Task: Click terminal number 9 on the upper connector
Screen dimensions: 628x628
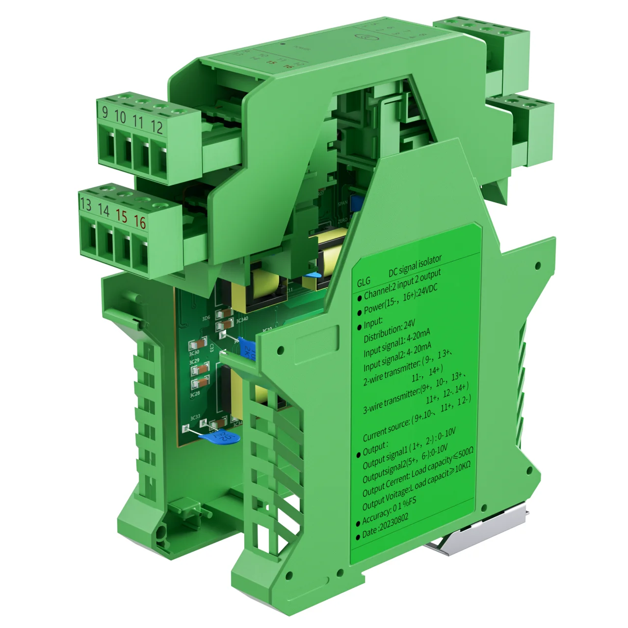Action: coord(105,112)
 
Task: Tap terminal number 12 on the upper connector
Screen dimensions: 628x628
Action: coord(157,127)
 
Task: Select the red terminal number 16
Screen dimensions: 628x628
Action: coord(140,222)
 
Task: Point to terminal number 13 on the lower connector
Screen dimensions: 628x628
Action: coord(85,204)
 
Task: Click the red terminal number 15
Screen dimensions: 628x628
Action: coord(121,216)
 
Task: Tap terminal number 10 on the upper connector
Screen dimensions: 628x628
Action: coord(120,117)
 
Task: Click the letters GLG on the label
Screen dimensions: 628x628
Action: coord(364,282)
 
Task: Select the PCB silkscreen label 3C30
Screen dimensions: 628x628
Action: coord(194,353)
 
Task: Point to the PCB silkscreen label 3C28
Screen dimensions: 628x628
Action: coord(195,394)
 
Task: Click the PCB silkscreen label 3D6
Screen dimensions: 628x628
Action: coord(206,318)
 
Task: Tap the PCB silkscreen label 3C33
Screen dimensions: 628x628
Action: coord(195,417)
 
